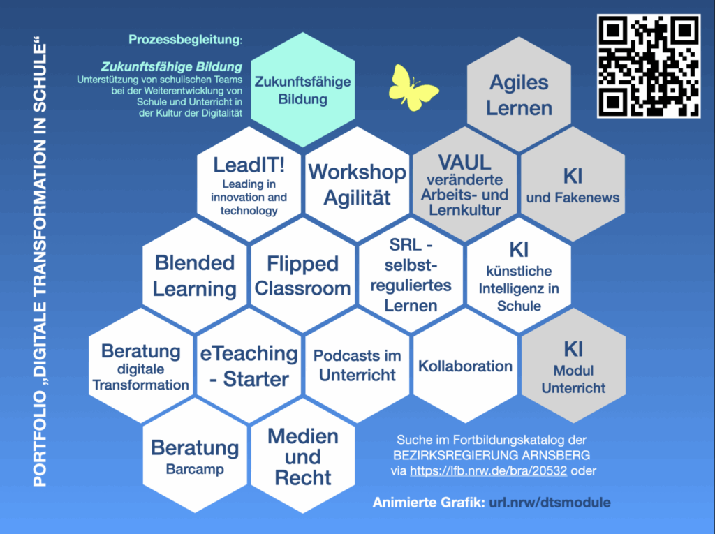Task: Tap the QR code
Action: click(649, 66)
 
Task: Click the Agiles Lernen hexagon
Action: click(519, 96)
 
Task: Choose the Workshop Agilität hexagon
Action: click(357, 184)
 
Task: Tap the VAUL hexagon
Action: click(464, 184)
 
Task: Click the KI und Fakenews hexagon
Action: click(573, 184)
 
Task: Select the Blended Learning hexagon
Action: click(195, 275)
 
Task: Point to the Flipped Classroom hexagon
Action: click(302, 275)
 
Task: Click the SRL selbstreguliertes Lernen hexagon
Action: click(411, 275)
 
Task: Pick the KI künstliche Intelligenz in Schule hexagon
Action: click(519, 275)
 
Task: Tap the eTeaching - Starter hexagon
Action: click(249, 366)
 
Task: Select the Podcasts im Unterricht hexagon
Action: click(357, 366)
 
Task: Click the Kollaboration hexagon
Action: click(465, 366)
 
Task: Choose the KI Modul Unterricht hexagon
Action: click(573, 366)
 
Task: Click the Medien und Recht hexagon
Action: click(302, 457)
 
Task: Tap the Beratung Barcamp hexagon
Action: click(195, 457)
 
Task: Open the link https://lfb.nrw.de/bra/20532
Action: click(488, 470)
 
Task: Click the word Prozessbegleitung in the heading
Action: click(184, 40)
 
